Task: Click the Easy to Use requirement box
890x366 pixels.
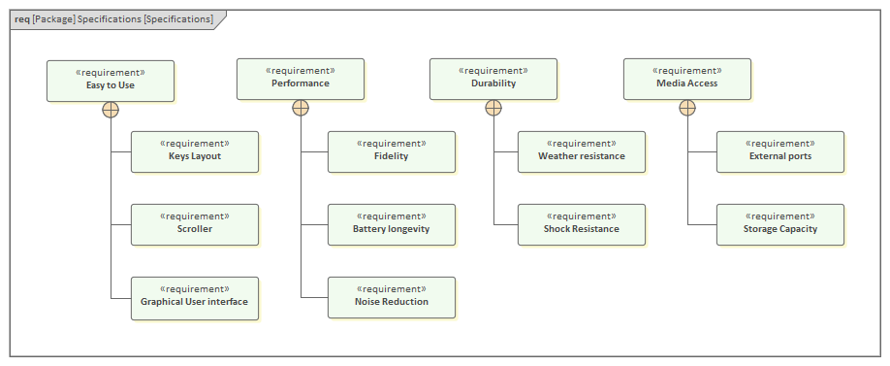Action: click(111, 81)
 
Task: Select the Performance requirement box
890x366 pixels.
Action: click(301, 79)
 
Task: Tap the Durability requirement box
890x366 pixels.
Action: click(493, 79)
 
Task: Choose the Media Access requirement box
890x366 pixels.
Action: click(686, 79)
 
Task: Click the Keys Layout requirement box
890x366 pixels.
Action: click(195, 151)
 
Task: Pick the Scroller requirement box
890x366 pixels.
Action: click(195, 224)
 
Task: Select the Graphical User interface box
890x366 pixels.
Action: click(195, 297)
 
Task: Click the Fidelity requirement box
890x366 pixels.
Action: click(391, 151)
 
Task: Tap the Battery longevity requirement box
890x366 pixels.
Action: click(391, 224)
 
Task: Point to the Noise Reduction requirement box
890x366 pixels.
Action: click(391, 297)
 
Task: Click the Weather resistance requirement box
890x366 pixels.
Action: click(581, 151)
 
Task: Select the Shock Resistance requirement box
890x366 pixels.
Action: click(581, 224)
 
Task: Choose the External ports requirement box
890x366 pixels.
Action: click(780, 151)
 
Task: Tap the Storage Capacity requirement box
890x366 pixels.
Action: click(780, 224)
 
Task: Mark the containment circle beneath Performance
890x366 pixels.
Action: click(301, 108)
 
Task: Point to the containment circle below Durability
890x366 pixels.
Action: click(493, 108)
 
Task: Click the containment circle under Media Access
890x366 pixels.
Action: click(686, 108)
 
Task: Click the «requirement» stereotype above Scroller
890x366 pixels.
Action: click(195, 216)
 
